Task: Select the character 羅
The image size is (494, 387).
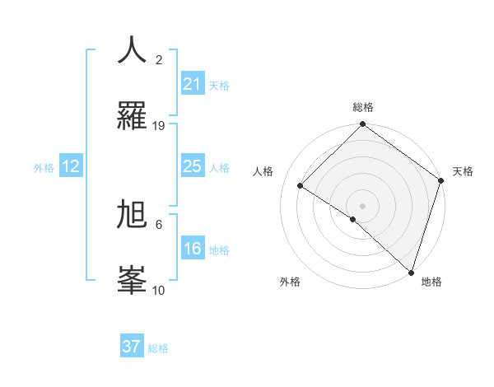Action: [132, 116]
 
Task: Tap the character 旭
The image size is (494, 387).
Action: [132, 215]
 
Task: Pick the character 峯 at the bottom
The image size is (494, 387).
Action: [132, 281]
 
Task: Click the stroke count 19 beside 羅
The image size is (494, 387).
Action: [159, 126]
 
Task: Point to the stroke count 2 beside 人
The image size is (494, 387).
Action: [159, 60]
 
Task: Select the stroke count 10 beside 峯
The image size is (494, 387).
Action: [159, 291]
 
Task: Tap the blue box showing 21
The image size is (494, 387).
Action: [192, 84]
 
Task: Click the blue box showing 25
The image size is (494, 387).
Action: [192, 166]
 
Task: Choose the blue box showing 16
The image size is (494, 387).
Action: [192, 249]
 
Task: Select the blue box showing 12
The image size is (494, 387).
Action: [71, 166]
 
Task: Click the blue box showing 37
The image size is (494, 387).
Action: [132, 347]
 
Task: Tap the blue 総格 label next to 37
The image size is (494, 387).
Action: [158, 348]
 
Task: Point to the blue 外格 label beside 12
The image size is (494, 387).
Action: [44, 167]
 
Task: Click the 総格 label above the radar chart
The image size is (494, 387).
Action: [362, 108]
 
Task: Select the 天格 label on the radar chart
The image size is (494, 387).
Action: [463, 171]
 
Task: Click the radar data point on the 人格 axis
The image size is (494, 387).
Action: [301, 186]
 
